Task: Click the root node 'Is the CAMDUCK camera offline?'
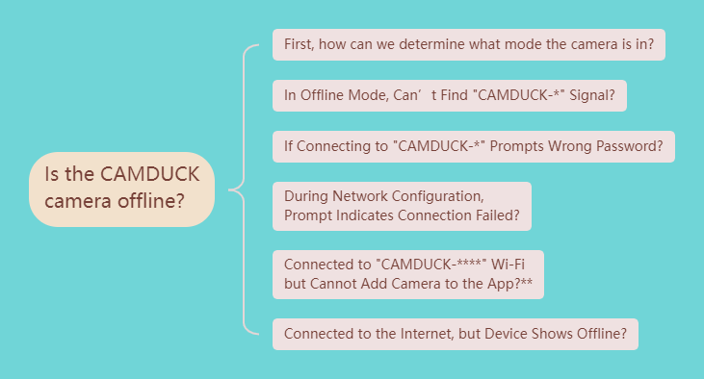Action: [120, 189]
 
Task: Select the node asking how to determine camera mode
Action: [469, 45]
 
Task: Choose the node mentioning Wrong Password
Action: [473, 146]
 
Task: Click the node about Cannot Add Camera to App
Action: [408, 274]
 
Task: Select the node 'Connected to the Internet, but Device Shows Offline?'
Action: [455, 334]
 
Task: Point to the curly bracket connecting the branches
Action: [241, 189]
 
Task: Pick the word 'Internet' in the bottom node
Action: [410, 334]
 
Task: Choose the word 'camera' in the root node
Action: [79, 202]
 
